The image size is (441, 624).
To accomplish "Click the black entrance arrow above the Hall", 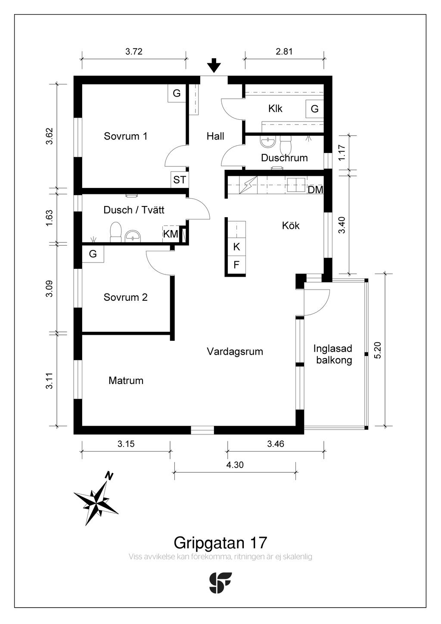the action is pyautogui.click(x=214, y=66).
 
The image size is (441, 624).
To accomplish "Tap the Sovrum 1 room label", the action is pyautogui.click(x=125, y=136).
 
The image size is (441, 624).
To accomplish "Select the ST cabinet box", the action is pyautogui.click(x=180, y=180).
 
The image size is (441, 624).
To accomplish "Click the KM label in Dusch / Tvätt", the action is pyautogui.click(x=171, y=234).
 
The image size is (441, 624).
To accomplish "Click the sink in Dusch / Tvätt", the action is pyautogui.click(x=134, y=237).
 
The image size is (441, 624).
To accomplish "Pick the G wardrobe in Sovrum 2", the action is pyautogui.click(x=93, y=254).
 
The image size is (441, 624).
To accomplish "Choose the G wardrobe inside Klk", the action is pyautogui.click(x=315, y=109).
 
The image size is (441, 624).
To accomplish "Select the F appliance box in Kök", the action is pyautogui.click(x=236, y=265).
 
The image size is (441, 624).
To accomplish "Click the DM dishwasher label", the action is pyautogui.click(x=315, y=190).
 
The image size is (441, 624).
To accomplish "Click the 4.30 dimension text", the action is pyautogui.click(x=235, y=465).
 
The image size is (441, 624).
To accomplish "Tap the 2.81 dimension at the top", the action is pyautogui.click(x=284, y=52).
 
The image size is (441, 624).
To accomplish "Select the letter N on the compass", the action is pyautogui.click(x=109, y=476).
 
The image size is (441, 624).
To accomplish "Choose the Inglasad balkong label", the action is pyautogui.click(x=333, y=354).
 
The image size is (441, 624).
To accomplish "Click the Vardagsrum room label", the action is pyautogui.click(x=235, y=351).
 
